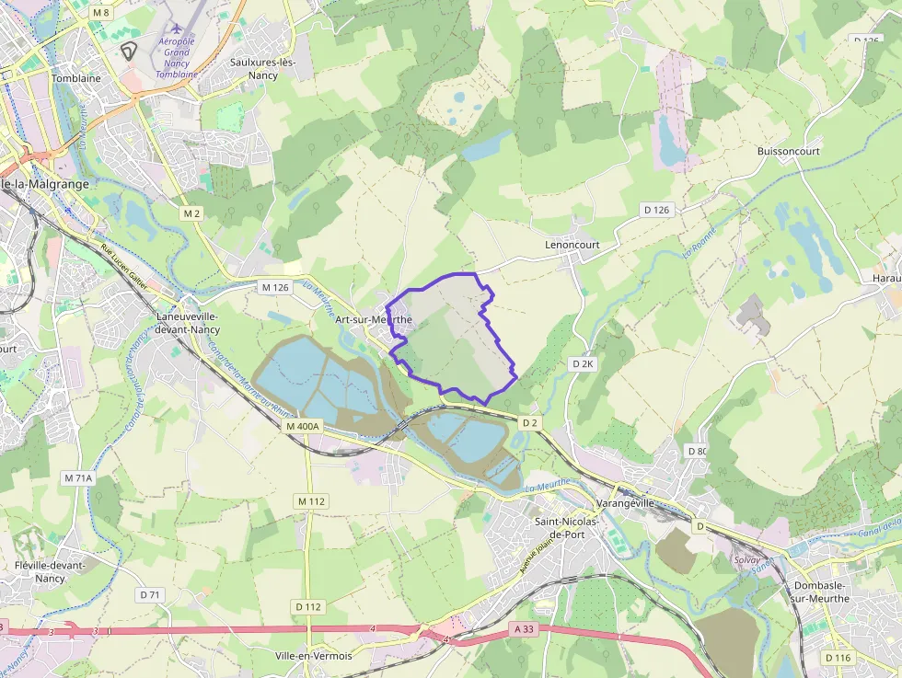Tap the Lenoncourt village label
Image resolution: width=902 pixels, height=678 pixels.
coord(572,245)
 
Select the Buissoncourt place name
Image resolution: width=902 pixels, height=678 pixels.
coord(788,151)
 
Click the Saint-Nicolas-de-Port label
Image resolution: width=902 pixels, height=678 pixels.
coord(567,528)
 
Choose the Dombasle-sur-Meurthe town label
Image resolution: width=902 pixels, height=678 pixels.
coord(822,592)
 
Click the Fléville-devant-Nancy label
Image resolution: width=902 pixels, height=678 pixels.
coord(50,571)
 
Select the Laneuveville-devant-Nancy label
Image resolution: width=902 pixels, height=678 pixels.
coord(187,322)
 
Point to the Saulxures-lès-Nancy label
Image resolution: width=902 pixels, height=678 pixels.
coord(270,69)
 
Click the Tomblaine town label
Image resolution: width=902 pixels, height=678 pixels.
coord(76,79)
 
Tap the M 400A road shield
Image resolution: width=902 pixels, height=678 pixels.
coord(302,427)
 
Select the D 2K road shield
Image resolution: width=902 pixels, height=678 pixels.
coord(583,364)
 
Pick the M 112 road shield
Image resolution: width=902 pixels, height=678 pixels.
coord(312,501)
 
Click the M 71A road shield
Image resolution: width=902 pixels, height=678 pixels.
coord(78,478)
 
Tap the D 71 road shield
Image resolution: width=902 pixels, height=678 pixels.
coord(150,595)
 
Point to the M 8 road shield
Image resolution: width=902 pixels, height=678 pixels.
coord(100,13)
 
